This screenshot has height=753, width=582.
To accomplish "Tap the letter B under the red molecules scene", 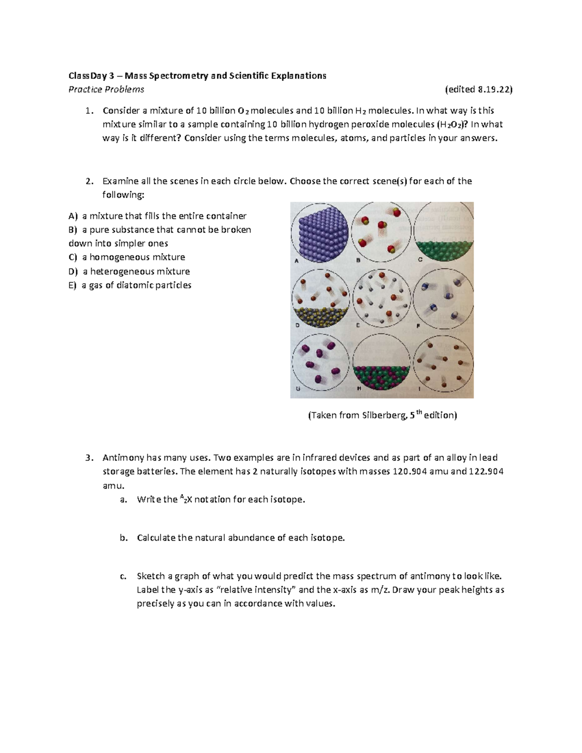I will point(359,260).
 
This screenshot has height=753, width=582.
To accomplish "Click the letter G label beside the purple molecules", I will point(298,389).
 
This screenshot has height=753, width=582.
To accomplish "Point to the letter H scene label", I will point(359,389).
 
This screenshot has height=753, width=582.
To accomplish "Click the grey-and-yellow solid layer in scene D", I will point(320,316).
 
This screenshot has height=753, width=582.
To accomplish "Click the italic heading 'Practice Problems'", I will point(106,89).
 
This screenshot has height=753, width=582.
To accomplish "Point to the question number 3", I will point(88,458).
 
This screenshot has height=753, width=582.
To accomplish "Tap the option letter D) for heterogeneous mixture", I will point(73,272).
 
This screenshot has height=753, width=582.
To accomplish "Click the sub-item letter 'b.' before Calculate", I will point(123,538).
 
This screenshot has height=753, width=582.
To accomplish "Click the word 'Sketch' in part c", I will point(151,576).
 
